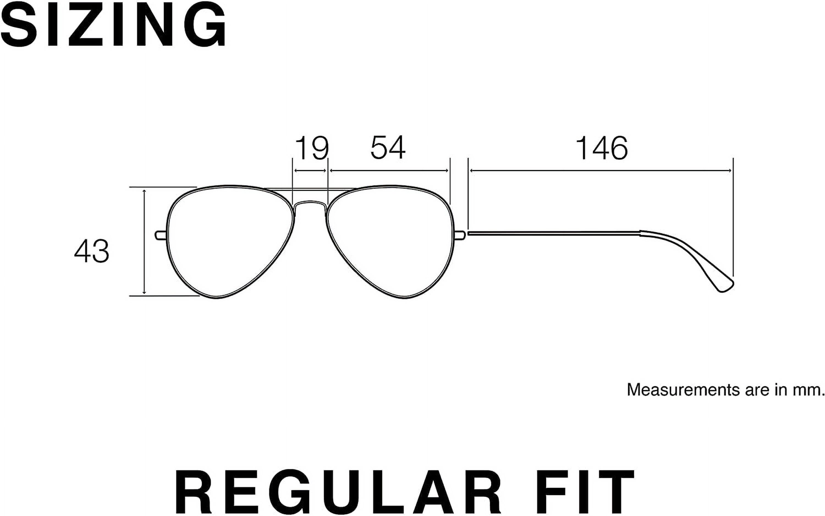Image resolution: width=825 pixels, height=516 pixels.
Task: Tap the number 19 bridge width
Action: (311, 148)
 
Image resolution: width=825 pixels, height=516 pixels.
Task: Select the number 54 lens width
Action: (388, 148)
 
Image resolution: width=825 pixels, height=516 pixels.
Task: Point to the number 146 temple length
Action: (601, 148)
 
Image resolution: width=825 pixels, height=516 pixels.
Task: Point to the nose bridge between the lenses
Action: (310, 204)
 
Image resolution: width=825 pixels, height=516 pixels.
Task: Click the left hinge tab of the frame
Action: (161, 235)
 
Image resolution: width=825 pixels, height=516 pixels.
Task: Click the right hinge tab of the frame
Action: (460, 235)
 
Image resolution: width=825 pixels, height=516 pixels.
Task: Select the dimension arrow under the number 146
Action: (601, 171)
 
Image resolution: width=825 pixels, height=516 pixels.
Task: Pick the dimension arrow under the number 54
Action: (389, 171)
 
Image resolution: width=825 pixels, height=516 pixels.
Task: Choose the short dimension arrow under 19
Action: (310, 171)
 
